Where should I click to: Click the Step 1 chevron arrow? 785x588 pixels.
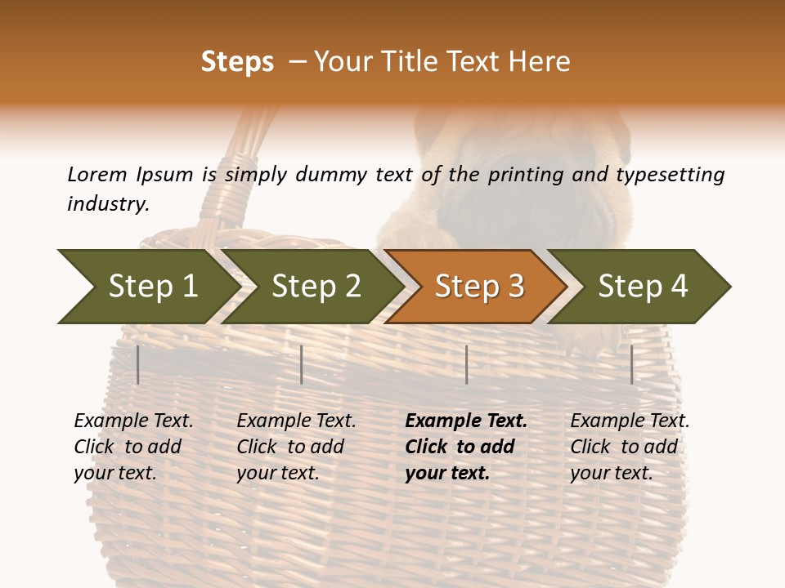tap(147, 287)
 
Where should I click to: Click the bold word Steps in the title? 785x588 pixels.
tap(237, 62)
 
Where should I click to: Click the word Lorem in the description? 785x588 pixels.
tap(96, 175)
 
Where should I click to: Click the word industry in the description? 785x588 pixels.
tap(107, 203)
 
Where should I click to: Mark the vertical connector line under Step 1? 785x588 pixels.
tap(137, 364)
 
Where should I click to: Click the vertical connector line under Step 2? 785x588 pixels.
tap(302, 364)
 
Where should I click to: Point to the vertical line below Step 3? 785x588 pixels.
tap(466, 364)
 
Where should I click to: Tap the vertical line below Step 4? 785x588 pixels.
tap(631, 364)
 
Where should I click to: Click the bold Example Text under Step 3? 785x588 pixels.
tap(466, 421)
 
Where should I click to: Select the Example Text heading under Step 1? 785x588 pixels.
tap(133, 421)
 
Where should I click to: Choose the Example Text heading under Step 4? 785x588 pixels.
tap(630, 421)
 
